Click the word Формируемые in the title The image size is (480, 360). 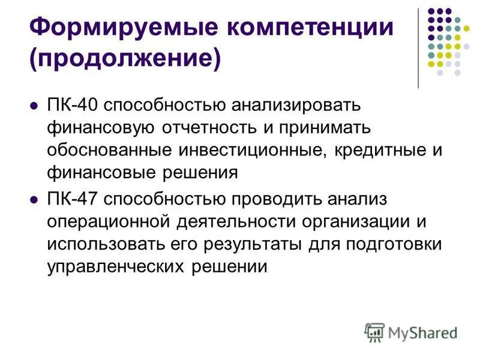point(107,28)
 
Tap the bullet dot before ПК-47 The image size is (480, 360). point(34,199)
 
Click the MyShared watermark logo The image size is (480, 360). point(411,332)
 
